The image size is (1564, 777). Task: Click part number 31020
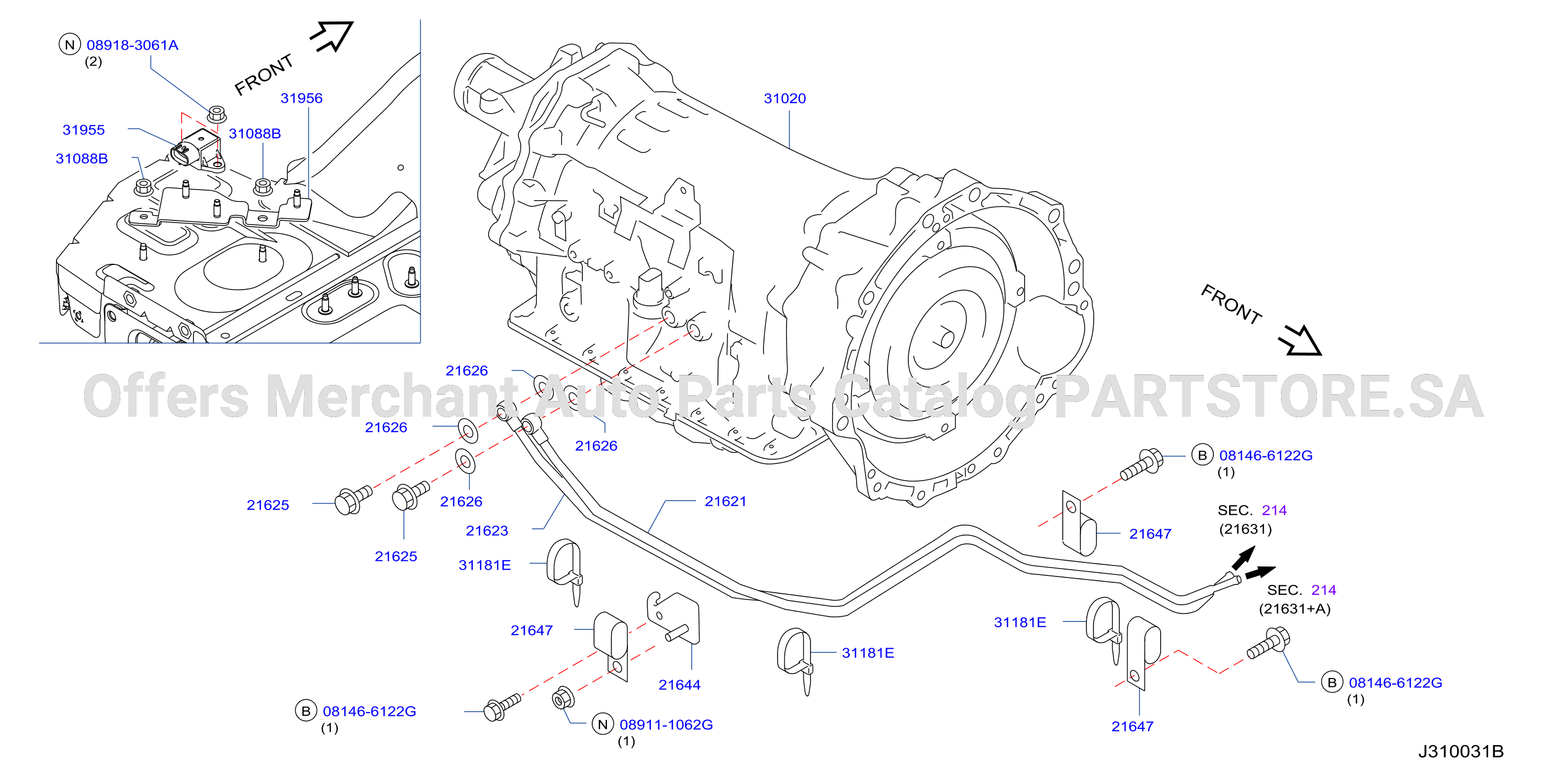pyautogui.click(x=784, y=98)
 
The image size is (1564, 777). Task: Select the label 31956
pyautogui.click(x=301, y=98)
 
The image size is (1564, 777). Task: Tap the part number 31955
pyautogui.click(x=84, y=130)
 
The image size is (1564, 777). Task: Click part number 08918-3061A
pyautogui.click(x=132, y=45)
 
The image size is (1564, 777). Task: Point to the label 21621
pyautogui.click(x=726, y=501)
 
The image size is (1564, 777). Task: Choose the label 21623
pyautogui.click(x=487, y=530)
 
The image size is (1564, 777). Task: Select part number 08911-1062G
pyautogui.click(x=666, y=725)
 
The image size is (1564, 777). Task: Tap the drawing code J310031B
pyautogui.click(x=1461, y=751)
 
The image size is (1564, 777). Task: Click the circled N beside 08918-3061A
pyautogui.click(x=70, y=45)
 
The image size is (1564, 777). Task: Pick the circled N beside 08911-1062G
pyautogui.click(x=603, y=724)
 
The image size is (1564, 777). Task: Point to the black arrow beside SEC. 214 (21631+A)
pyautogui.click(x=1260, y=572)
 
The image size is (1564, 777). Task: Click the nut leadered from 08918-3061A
pyautogui.click(x=217, y=114)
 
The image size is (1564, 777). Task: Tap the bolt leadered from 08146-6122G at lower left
pyautogui.click(x=502, y=708)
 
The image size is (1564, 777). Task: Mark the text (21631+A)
pyautogui.click(x=1295, y=609)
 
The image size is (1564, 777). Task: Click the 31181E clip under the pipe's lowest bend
pyautogui.click(x=795, y=659)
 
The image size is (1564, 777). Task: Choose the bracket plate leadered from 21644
pyautogui.click(x=674, y=618)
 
